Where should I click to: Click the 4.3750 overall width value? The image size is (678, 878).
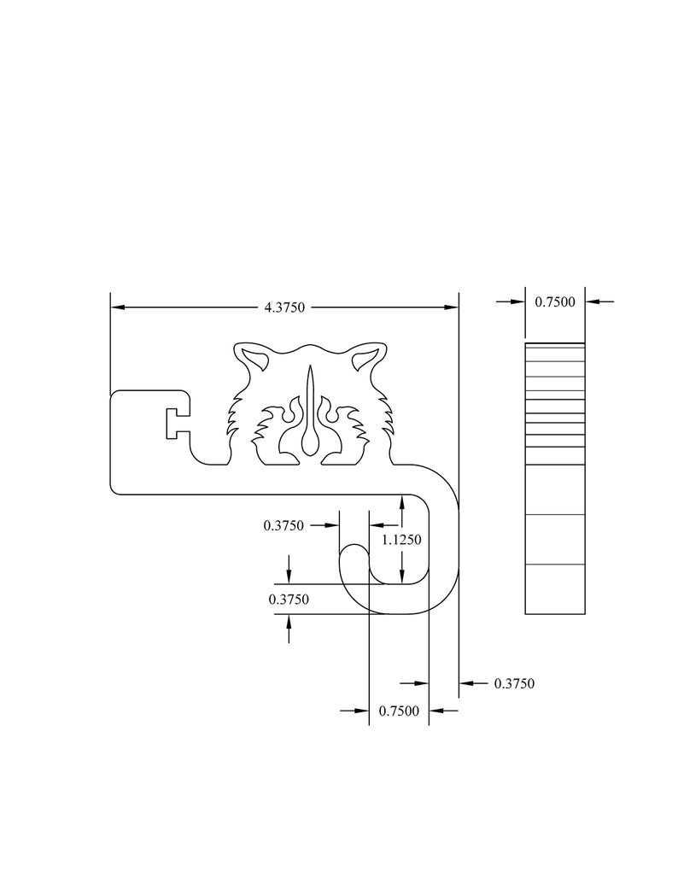284,307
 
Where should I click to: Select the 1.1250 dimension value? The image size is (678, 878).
401,540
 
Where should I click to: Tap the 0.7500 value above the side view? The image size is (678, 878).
555,301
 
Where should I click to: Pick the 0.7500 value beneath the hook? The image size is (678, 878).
399,711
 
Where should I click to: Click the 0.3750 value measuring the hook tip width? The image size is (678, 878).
283,525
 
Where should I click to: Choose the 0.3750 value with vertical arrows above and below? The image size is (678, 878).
289,600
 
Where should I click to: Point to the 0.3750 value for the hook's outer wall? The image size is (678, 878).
514,683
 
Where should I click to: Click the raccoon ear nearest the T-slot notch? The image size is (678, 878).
253,359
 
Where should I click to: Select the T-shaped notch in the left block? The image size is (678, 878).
178,423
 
